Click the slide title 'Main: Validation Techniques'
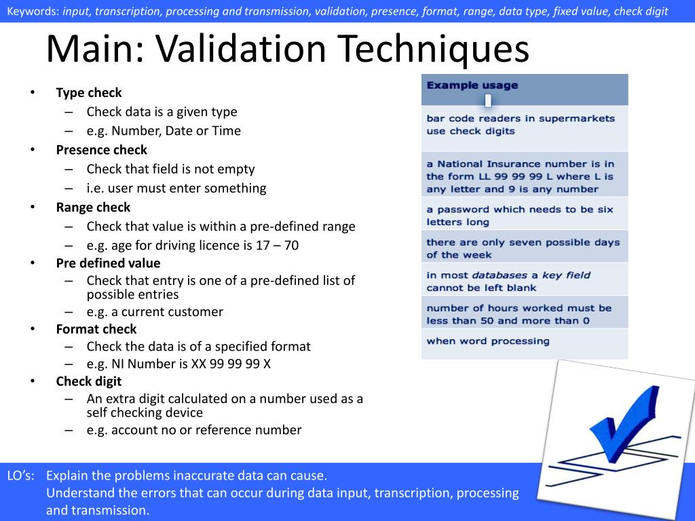[287, 50]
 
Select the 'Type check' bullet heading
[89, 93]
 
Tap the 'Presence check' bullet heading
[101, 150]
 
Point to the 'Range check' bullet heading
[93, 208]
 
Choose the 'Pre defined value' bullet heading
[108, 263]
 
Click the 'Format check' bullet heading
[96, 329]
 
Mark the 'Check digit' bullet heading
[88, 381]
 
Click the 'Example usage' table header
[472, 85]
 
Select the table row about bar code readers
[521, 125]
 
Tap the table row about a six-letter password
[520, 216]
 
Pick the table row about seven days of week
[523, 248]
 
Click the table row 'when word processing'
[488, 341]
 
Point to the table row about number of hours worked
[519, 314]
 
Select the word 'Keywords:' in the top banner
[32, 11]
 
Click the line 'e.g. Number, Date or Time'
[164, 131]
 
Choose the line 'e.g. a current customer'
[155, 312]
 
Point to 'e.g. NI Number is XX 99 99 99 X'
[179, 364]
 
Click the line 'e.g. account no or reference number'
[194, 430]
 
